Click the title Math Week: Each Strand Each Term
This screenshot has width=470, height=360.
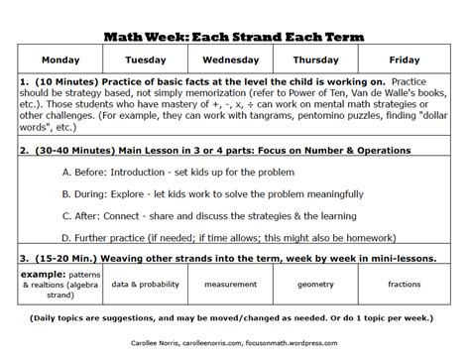(x=233, y=37)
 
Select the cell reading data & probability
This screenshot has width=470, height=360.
(x=144, y=284)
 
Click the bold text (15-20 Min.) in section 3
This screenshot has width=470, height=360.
(x=65, y=257)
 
